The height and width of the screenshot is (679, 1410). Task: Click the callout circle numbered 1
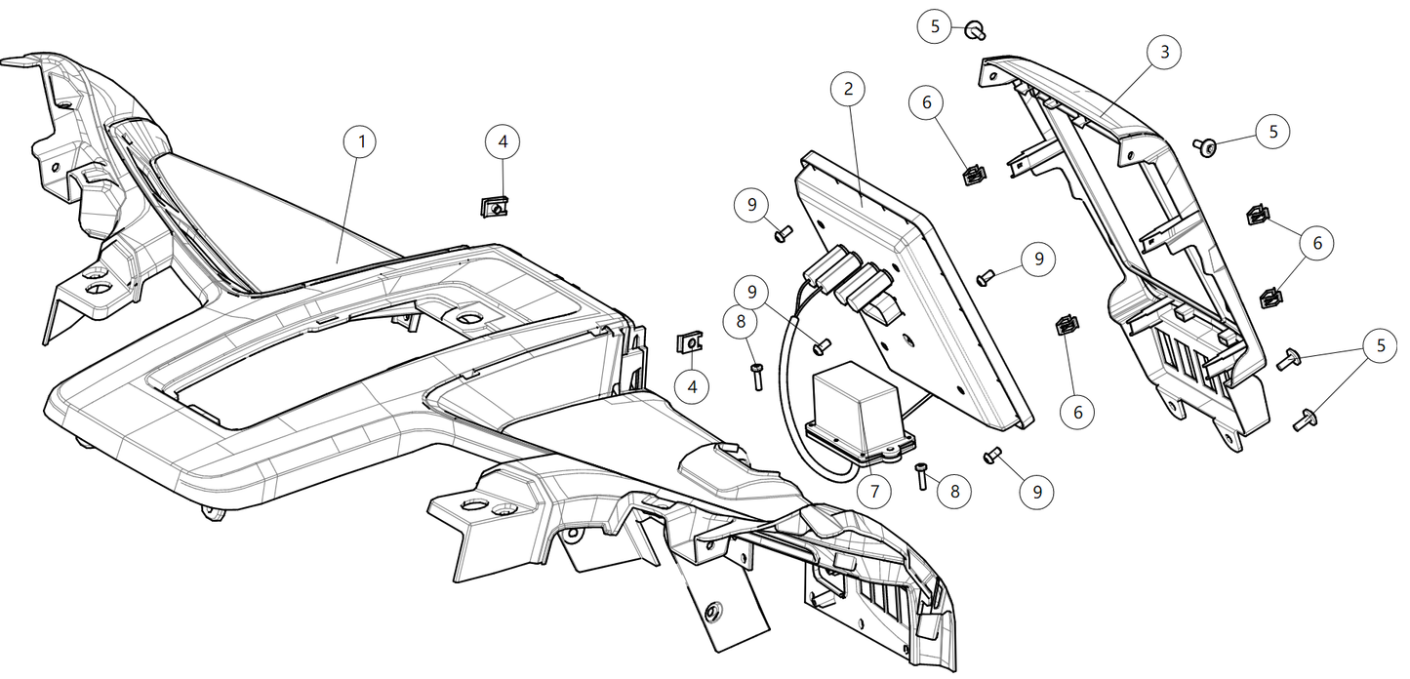361,142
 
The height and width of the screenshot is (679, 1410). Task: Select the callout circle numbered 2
848,89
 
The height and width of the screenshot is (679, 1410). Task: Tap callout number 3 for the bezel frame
1164,52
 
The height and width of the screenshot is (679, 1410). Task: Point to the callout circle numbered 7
873,492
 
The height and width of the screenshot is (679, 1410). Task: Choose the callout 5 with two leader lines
1381,346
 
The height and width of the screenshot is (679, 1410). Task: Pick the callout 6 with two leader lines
1317,244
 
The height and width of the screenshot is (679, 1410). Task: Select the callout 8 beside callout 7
954,492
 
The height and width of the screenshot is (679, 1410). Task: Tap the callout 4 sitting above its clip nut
503,142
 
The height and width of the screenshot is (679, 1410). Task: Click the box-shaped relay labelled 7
857,407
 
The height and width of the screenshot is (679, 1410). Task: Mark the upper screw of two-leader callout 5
1290,361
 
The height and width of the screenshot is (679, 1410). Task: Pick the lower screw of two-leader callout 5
1303,420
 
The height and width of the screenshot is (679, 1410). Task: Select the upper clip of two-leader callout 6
1258,216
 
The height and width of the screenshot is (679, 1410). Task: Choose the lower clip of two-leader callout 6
1269,296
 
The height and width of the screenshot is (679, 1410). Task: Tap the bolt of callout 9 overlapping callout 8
821,343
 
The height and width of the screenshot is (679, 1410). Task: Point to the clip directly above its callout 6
1067,326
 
